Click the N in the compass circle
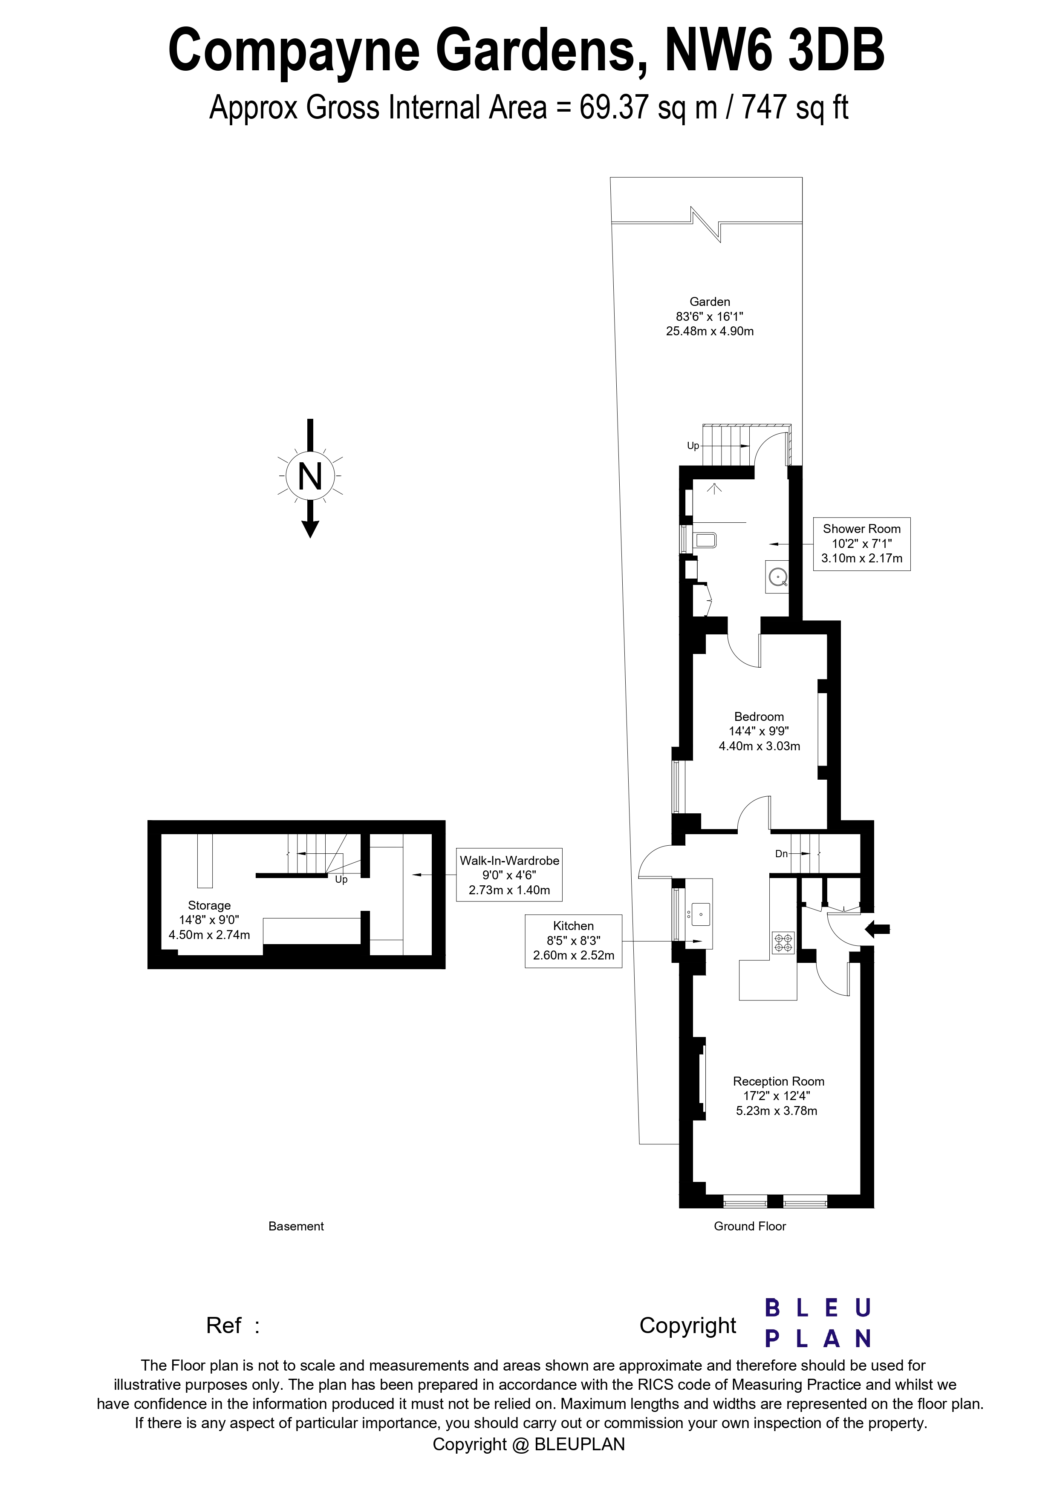coord(310,477)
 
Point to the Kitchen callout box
coord(573,941)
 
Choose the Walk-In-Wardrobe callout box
coord(509,875)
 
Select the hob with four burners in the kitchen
coord(783,943)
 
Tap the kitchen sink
coord(700,913)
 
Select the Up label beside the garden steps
coord(693,446)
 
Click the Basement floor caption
coord(296,1226)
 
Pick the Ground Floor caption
coord(750,1226)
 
